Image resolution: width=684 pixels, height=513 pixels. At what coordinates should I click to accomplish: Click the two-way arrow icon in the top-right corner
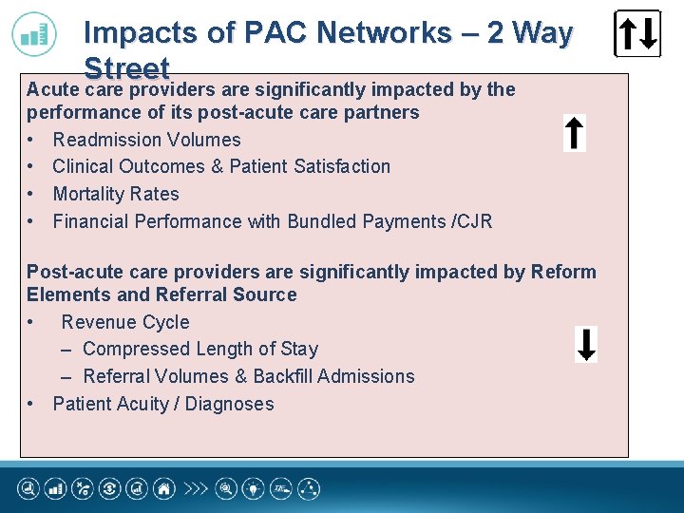click(x=637, y=34)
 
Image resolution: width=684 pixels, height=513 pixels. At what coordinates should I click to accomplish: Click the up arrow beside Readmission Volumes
click(x=574, y=133)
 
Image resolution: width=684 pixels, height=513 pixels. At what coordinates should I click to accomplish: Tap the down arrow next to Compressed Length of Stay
click(x=587, y=344)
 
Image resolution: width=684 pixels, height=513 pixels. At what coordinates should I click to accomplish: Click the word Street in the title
click(x=126, y=69)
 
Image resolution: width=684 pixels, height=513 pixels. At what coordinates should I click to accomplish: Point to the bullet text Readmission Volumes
click(x=146, y=140)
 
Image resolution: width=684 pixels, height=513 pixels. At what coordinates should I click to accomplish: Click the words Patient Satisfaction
click(x=318, y=166)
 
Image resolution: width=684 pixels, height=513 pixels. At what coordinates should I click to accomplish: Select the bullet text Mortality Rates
click(x=116, y=194)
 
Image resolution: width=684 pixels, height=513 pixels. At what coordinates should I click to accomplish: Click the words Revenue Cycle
click(x=125, y=322)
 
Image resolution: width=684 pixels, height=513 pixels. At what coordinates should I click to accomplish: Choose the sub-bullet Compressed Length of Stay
click(x=200, y=349)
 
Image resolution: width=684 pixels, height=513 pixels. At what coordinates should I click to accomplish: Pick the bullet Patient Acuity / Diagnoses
click(x=163, y=404)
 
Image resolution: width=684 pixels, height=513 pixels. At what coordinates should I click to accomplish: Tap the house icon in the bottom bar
click(x=165, y=489)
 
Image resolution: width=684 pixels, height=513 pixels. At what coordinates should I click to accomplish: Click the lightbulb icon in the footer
click(x=254, y=489)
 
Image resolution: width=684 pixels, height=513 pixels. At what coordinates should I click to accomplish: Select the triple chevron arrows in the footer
click(x=196, y=489)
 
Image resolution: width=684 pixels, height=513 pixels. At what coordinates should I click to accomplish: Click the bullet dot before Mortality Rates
click(x=32, y=194)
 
